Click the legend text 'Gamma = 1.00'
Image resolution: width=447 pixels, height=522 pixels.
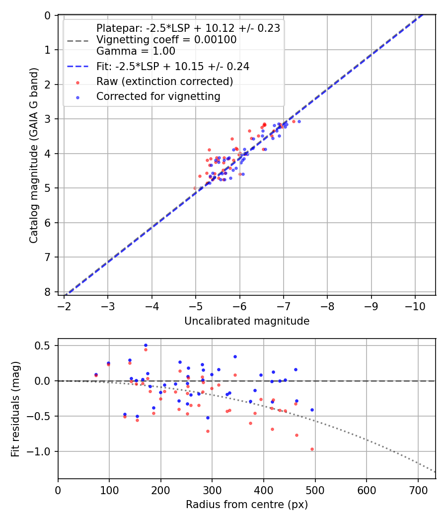pos(136,51)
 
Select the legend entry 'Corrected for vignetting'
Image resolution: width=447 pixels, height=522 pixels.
pos(158,96)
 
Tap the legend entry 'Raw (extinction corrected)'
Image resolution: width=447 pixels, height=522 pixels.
pos(164,82)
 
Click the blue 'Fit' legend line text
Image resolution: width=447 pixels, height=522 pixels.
pos(172,66)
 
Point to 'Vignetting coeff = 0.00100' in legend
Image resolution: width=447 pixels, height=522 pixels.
pos(166,40)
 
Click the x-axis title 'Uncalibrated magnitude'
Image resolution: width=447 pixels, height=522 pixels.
pos(247,321)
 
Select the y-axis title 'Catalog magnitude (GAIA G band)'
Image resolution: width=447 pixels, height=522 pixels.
pos(34,155)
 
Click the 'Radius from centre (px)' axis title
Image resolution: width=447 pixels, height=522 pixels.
pos(247,505)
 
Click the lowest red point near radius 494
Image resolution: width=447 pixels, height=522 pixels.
pos(312,449)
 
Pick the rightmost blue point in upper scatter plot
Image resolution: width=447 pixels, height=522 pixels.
pos(299,121)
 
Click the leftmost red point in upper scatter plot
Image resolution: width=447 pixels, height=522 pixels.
pos(195,188)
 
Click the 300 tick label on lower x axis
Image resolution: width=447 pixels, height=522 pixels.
pos(212,490)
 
